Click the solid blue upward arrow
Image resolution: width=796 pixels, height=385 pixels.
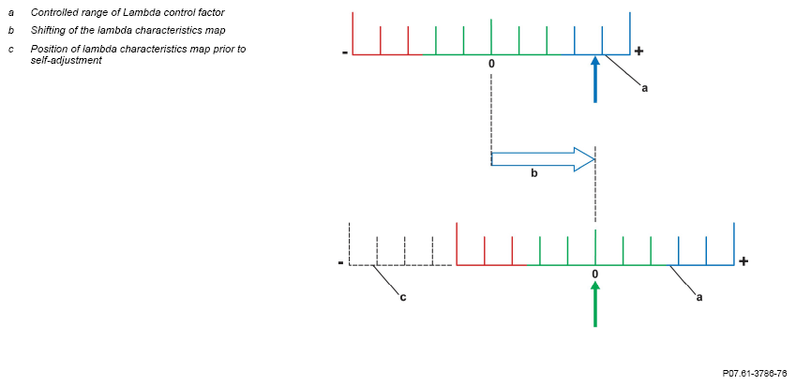tap(595, 80)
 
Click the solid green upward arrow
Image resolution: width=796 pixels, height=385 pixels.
tap(595, 304)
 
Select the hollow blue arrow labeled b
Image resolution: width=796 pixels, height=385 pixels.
tap(543, 160)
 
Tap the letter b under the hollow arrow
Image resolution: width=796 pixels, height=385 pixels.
tap(534, 173)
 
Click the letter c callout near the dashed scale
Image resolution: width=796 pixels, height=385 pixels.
tap(402, 297)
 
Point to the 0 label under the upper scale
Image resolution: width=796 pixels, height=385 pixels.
tap(491, 64)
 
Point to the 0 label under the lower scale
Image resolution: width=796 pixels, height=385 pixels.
tap(595, 274)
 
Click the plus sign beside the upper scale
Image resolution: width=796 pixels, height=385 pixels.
tap(638, 51)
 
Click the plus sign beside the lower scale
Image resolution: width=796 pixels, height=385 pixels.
tap(743, 261)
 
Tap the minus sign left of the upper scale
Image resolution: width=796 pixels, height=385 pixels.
tap(345, 52)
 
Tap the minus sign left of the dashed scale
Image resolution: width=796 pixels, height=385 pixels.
tap(340, 262)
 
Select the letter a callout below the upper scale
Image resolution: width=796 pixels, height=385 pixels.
tap(645, 88)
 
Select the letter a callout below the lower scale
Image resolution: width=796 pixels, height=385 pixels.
tap(699, 298)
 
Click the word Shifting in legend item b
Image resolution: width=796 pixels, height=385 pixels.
tap(46, 30)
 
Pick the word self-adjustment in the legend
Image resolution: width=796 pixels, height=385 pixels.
tap(66, 60)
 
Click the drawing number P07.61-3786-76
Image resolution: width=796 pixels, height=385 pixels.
tap(755, 374)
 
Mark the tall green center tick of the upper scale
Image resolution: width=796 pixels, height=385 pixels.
tap(491, 37)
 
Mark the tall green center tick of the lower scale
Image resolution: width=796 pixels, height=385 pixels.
tap(595, 247)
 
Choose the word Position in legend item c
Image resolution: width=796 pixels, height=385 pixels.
tap(46, 50)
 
